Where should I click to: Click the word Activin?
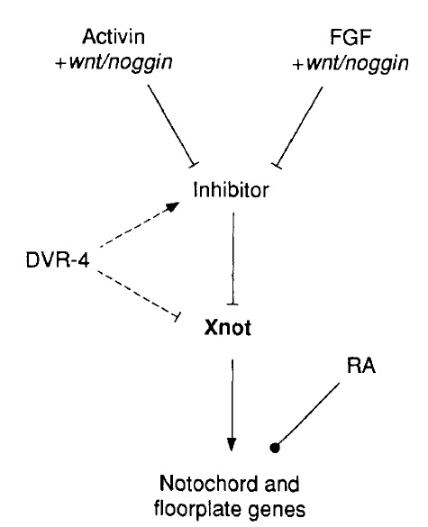point(114,37)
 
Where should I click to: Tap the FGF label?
point(350,37)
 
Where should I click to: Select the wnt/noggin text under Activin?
point(121,62)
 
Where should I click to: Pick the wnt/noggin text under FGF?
point(358,63)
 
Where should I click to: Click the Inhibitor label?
point(231,189)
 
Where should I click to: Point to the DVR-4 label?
point(58,259)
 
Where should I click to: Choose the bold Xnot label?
point(228,327)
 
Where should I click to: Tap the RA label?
point(360,366)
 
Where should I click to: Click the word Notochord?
point(208,485)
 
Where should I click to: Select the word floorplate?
point(197,509)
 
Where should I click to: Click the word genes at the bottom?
point(277,511)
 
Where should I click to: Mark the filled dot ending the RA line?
point(275,448)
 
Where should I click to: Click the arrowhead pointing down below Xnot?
point(232,444)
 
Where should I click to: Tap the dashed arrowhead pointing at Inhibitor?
point(173,206)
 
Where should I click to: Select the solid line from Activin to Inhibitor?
point(171,124)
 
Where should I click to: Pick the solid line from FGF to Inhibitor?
point(299,126)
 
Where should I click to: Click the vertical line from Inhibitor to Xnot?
point(233,259)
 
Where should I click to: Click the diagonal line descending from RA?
point(309,413)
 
